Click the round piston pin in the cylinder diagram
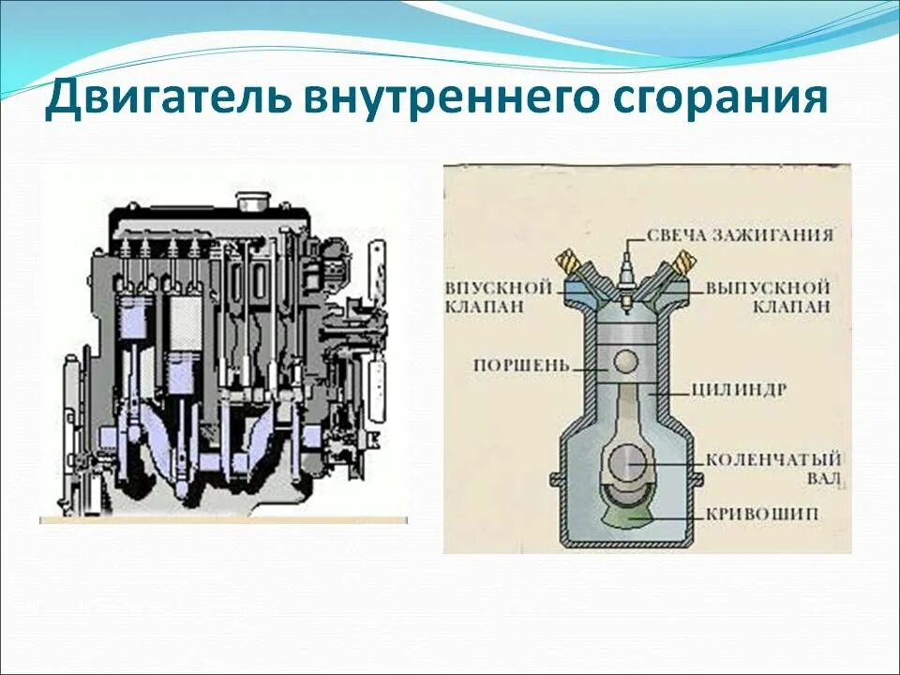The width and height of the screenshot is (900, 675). pos(627,360)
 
